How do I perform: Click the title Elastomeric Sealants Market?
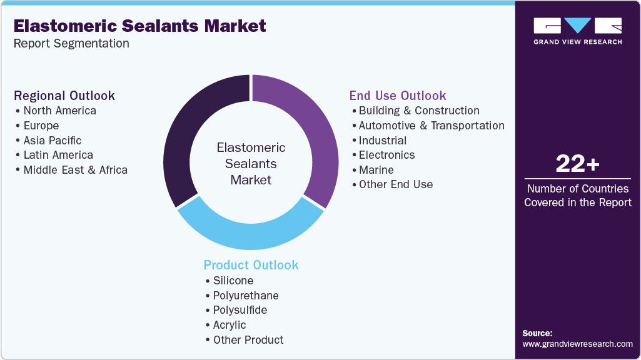tap(139, 26)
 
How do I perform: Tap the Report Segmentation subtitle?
tap(71, 44)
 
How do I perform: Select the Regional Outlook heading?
tap(64, 96)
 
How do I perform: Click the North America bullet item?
tap(60, 111)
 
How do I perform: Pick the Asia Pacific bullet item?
tap(53, 141)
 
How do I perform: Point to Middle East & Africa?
tap(75, 170)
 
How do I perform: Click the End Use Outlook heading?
tap(398, 96)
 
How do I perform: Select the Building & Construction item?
tap(419, 111)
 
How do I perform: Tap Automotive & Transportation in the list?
tap(432, 126)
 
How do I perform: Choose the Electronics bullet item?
tap(386, 155)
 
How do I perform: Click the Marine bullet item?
tap(376, 170)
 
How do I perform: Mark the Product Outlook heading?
tap(251, 265)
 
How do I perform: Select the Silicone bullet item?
tap(233, 281)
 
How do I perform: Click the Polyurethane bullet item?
tap(246, 296)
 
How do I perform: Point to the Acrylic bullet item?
tap(230, 325)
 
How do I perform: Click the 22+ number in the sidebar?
tap(577, 164)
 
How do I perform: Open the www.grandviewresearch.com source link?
tap(577, 344)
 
